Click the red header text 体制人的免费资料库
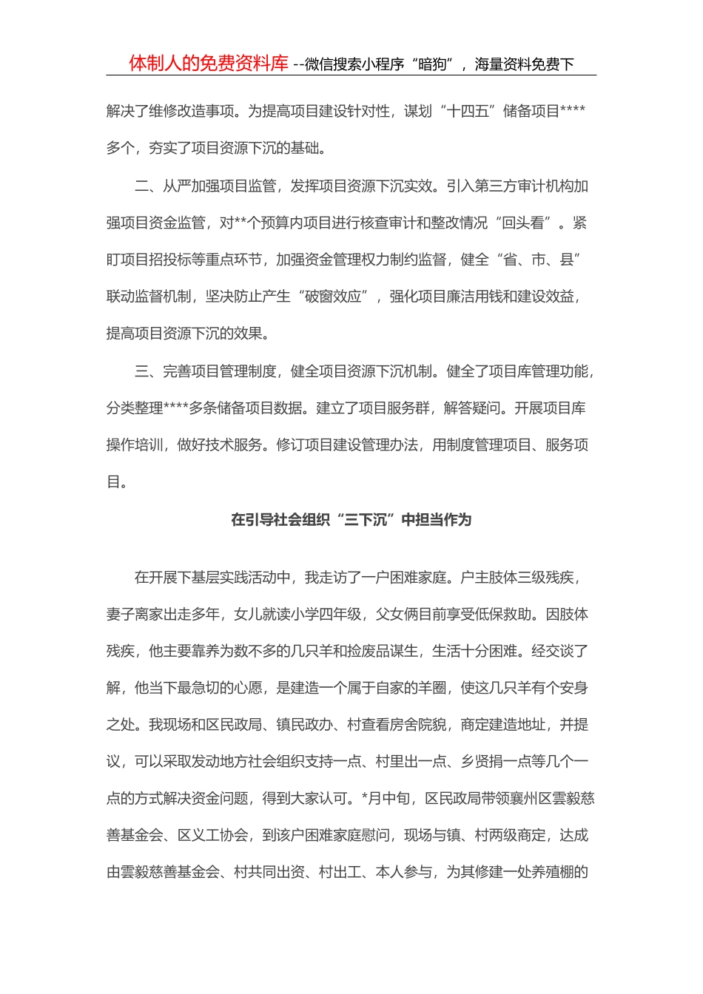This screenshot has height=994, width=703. pyautogui.click(x=209, y=64)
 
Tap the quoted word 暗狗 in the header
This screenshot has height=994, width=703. pyautogui.click(x=432, y=64)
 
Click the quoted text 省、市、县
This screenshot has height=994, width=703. pyautogui.click(x=539, y=260)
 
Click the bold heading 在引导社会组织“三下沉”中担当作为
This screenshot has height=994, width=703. pyautogui.click(x=351, y=520)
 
